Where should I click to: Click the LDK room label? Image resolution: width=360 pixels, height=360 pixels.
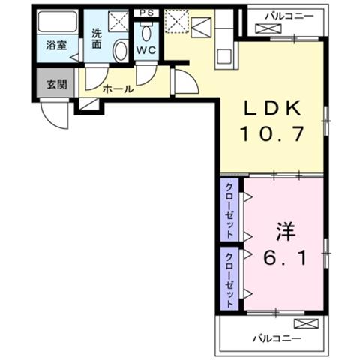click(272, 108)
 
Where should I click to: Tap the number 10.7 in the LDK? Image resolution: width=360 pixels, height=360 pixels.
click(272, 133)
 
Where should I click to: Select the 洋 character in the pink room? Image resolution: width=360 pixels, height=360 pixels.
click(286, 232)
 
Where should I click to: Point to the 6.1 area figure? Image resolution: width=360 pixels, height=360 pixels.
click(284, 258)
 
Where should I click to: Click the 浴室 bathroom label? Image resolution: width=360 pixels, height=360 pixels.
click(56, 46)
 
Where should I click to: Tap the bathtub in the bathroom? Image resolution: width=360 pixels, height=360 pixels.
click(57, 21)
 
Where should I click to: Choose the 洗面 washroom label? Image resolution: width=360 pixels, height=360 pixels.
click(97, 38)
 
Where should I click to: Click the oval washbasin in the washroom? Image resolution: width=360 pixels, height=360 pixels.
click(121, 51)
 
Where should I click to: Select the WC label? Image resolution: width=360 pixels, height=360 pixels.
click(146, 50)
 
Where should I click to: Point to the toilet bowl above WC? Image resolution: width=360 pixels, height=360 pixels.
click(146, 31)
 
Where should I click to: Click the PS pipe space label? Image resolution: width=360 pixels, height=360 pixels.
click(146, 13)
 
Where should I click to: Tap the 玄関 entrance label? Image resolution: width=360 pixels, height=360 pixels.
click(57, 85)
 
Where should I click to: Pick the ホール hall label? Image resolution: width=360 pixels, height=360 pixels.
click(118, 88)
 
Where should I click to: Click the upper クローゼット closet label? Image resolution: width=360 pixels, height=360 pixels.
click(229, 210)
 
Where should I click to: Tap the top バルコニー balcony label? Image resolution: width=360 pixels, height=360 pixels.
click(289, 16)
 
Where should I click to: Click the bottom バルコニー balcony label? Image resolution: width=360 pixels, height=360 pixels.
click(277, 339)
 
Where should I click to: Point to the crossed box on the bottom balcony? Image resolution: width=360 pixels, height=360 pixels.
click(306, 323)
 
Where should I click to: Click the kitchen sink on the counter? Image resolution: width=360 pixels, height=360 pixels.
click(224, 56)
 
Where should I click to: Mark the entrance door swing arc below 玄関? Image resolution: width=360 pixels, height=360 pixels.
click(54, 115)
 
